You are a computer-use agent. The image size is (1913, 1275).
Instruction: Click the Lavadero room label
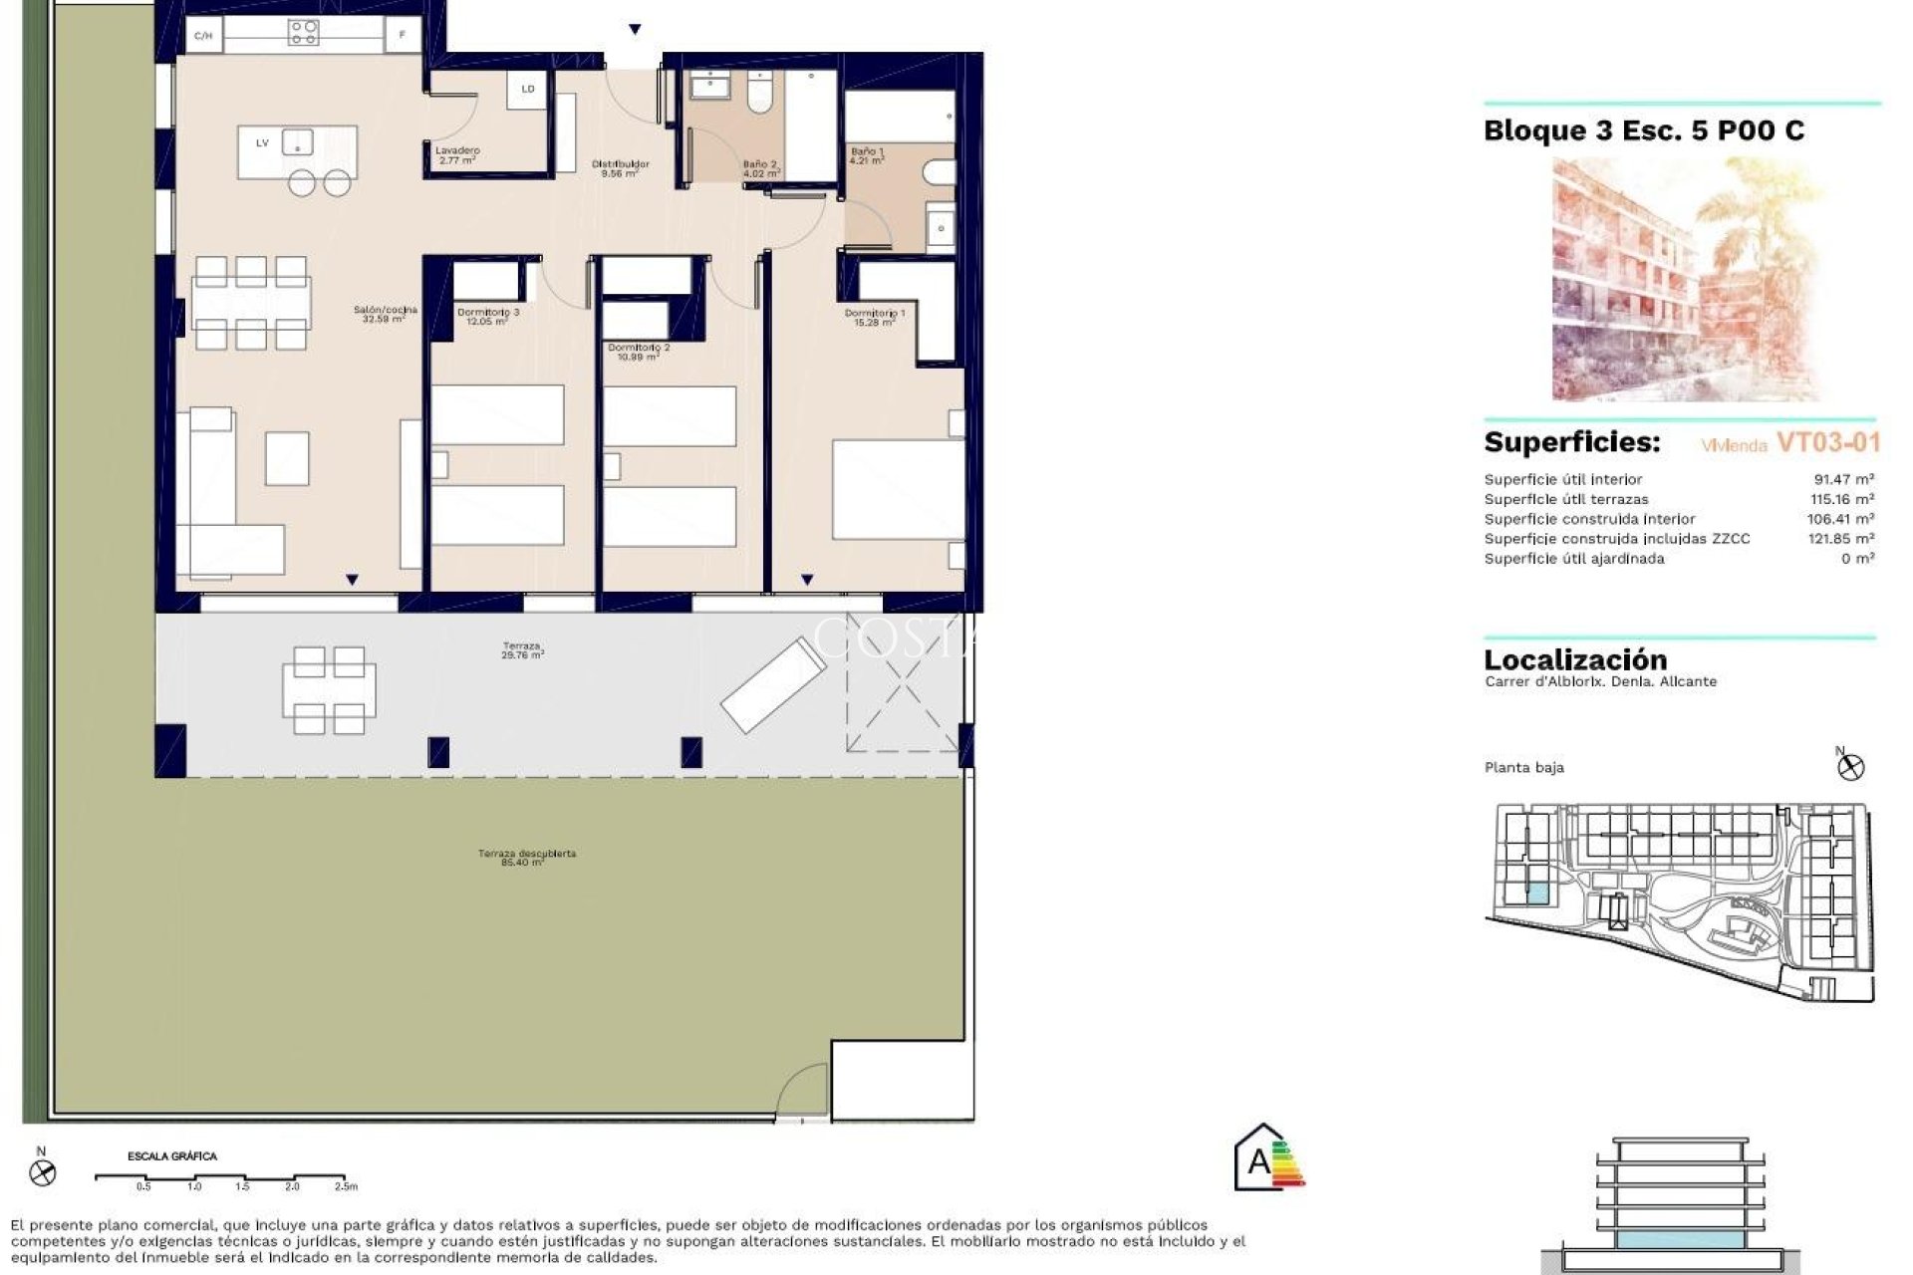click(x=457, y=154)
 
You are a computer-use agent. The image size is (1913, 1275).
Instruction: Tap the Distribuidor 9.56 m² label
click(x=620, y=168)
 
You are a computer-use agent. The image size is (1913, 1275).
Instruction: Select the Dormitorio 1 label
click(x=875, y=317)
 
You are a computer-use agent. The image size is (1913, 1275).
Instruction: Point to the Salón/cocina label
click(x=385, y=315)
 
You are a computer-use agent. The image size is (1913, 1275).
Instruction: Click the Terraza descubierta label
click(x=526, y=858)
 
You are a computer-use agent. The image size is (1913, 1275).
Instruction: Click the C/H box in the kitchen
click(x=203, y=36)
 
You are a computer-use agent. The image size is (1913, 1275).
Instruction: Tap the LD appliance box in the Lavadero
click(x=528, y=89)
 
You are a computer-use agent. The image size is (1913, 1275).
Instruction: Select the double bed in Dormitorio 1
click(x=898, y=489)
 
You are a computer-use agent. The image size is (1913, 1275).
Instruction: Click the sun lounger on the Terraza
click(x=773, y=684)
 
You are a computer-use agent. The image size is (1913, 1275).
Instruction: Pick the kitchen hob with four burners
click(x=304, y=34)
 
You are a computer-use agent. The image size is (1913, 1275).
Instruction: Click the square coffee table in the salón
click(x=287, y=458)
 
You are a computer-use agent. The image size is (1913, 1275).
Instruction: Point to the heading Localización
click(x=1574, y=659)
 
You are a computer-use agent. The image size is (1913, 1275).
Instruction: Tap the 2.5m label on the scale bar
click(x=345, y=1186)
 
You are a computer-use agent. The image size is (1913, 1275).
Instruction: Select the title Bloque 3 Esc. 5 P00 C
click(x=1643, y=130)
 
